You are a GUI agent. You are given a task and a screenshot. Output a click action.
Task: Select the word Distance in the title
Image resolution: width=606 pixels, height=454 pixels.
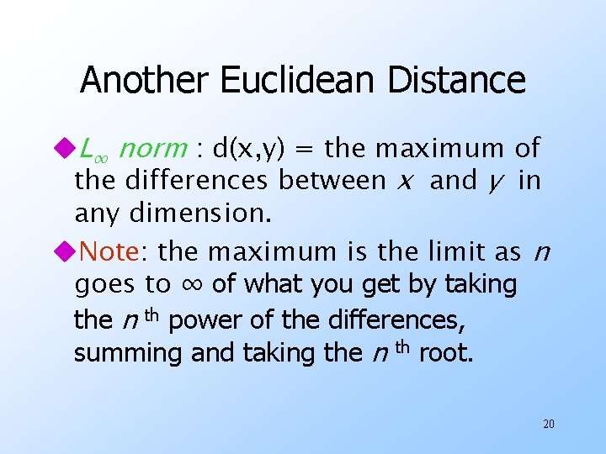click(457, 81)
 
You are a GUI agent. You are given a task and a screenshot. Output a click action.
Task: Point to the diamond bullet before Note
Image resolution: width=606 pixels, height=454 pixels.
click(66, 251)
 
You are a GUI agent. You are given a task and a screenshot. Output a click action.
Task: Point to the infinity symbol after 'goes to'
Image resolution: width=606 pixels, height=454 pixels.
click(191, 285)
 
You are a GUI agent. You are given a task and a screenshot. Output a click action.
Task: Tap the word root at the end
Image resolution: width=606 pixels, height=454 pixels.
click(446, 353)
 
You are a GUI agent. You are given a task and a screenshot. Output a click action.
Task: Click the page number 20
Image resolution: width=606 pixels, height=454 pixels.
click(548, 424)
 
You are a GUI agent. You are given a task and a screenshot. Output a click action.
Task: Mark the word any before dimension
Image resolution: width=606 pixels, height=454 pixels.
click(98, 214)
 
